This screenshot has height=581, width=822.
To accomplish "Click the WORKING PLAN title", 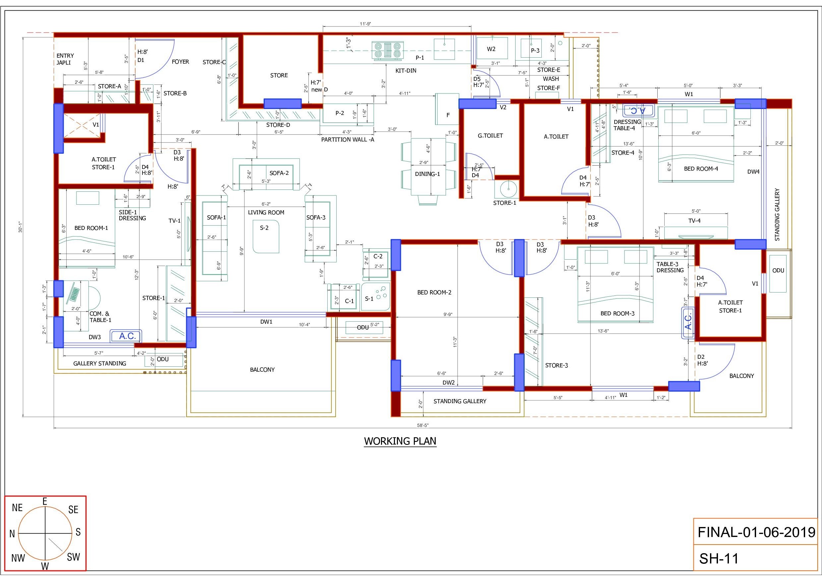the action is [400, 441].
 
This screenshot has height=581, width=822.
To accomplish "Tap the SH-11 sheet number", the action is [719, 558].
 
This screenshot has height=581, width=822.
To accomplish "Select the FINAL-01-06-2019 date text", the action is [756, 532].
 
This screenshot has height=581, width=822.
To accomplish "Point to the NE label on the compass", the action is [17, 507].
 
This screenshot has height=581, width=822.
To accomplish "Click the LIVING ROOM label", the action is [266, 212].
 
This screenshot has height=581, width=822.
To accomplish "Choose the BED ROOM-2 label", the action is [434, 292].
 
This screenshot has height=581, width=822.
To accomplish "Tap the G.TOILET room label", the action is [490, 136].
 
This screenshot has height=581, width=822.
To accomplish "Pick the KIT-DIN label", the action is [406, 71].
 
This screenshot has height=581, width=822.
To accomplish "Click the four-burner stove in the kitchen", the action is [387, 50].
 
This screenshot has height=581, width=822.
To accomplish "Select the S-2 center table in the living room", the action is [266, 236].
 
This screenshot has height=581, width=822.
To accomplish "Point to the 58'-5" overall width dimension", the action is [422, 425].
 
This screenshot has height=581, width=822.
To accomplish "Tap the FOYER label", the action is [181, 62].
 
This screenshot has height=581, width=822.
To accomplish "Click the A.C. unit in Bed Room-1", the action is [126, 336].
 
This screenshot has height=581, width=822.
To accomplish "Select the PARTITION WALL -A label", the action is [347, 139].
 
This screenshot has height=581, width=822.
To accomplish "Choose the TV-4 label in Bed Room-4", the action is [694, 221].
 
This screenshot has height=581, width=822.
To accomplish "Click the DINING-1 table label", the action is [427, 174].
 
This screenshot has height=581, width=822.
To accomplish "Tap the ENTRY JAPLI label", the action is [65, 59].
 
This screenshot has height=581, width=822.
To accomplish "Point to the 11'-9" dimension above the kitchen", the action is [365, 24].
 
